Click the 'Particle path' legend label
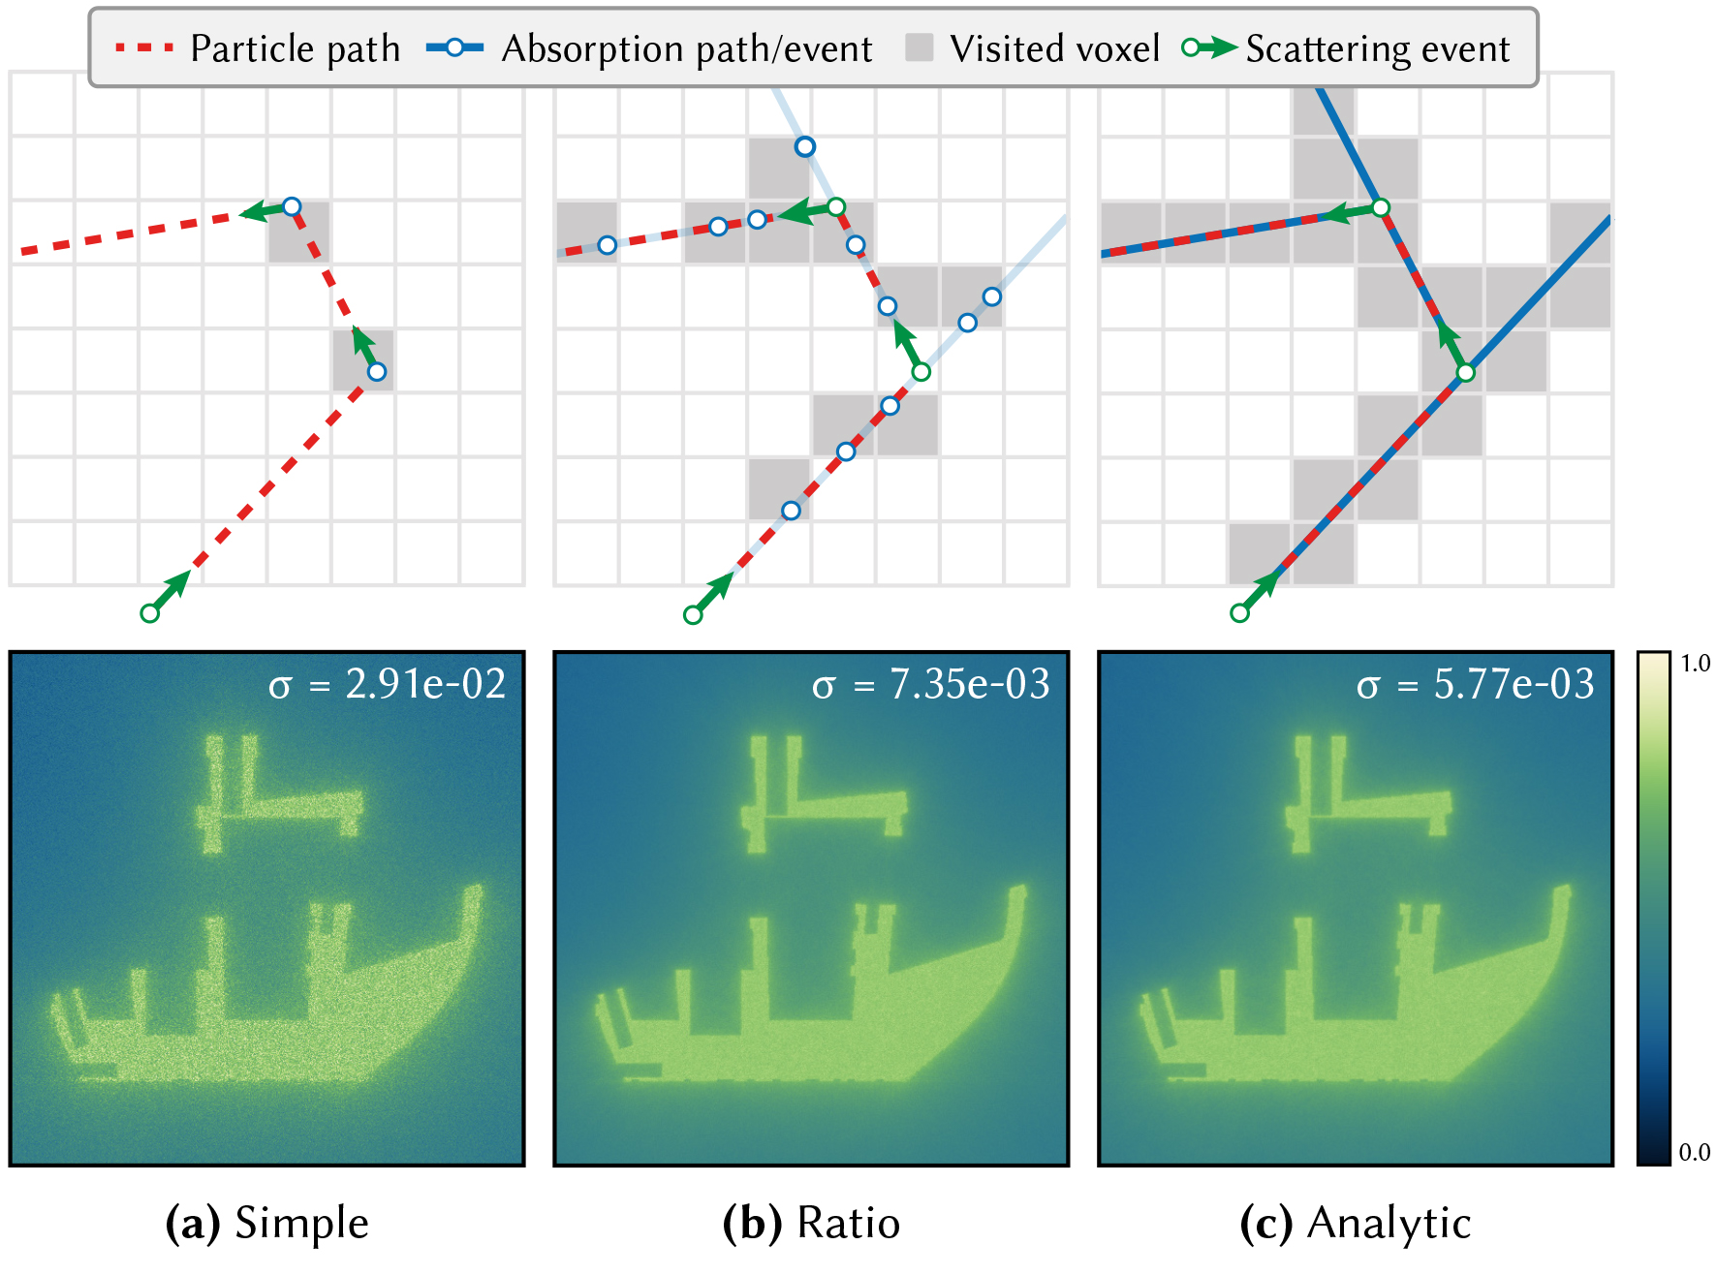pyautogui.click(x=295, y=48)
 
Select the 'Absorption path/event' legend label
pyautogui.click(x=687, y=48)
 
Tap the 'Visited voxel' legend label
pyautogui.click(x=1054, y=48)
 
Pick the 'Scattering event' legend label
pyautogui.click(x=1378, y=48)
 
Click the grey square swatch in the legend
pyautogui.click(x=919, y=47)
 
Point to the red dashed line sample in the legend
pyautogui.click(x=144, y=47)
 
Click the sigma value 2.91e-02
pyautogui.click(x=425, y=684)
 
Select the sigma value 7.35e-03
pyautogui.click(x=970, y=684)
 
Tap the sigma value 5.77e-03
pyautogui.click(x=1514, y=684)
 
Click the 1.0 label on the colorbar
pyautogui.click(x=1695, y=663)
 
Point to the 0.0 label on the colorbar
pyautogui.click(x=1695, y=1152)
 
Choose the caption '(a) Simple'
pyautogui.click(x=267, y=1223)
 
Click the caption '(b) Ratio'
pyautogui.click(x=811, y=1223)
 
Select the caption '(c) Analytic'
pyautogui.click(x=1356, y=1223)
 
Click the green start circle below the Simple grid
pyautogui.click(x=149, y=613)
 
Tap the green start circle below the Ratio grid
pyautogui.click(x=693, y=614)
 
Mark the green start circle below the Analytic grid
pyautogui.click(x=1239, y=613)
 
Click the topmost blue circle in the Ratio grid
pyautogui.click(x=804, y=146)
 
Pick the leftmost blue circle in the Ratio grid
pyautogui.click(x=607, y=245)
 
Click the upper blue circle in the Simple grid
pyautogui.click(x=292, y=206)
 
